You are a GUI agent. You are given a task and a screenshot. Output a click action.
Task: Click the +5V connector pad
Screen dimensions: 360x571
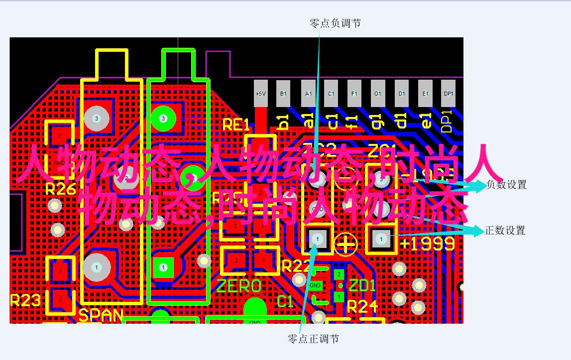pyautogui.click(x=260, y=94)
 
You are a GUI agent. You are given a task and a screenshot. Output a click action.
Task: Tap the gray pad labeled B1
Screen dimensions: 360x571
pyautogui.click(x=283, y=94)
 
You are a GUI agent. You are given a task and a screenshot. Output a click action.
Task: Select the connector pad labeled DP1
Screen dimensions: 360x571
pyautogui.click(x=449, y=94)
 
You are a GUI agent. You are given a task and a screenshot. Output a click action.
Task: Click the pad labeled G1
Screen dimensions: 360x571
pyautogui.click(x=378, y=94)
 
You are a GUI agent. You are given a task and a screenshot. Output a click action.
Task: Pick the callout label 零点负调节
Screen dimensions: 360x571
pyautogui.click(x=335, y=23)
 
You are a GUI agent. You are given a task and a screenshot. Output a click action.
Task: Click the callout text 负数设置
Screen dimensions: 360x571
pyautogui.click(x=506, y=185)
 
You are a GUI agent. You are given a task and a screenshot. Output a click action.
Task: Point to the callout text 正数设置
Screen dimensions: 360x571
pyautogui.click(x=505, y=231)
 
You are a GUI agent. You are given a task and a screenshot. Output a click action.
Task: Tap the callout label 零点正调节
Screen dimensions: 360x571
pyautogui.click(x=313, y=339)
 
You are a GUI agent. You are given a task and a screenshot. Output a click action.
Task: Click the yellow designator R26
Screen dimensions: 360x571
pyautogui.click(x=60, y=189)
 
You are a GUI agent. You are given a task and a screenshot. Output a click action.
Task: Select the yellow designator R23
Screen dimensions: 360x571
pyautogui.click(x=25, y=300)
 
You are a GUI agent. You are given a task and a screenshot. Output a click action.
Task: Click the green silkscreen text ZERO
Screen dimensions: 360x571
pyautogui.click(x=238, y=286)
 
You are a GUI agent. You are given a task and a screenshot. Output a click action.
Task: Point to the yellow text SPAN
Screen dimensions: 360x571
pyautogui.click(x=101, y=315)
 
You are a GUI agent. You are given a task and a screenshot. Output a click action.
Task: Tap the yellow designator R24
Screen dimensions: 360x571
pyautogui.click(x=362, y=307)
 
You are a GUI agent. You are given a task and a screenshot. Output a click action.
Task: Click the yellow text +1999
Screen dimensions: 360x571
pyautogui.click(x=428, y=243)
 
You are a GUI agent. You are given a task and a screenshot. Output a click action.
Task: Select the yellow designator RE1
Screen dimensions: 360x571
pyautogui.click(x=235, y=124)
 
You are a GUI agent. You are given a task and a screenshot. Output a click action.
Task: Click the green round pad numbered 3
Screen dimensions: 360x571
pyautogui.click(x=163, y=118)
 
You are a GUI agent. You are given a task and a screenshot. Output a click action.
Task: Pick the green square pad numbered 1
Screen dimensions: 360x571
pyautogui.click(x=163, y=267)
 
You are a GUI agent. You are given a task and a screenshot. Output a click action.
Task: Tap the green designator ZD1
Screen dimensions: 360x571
pyautogui.click(x=362, y=286)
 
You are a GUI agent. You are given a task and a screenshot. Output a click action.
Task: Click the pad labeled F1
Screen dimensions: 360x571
pyautogui.click(x=354, y=94)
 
